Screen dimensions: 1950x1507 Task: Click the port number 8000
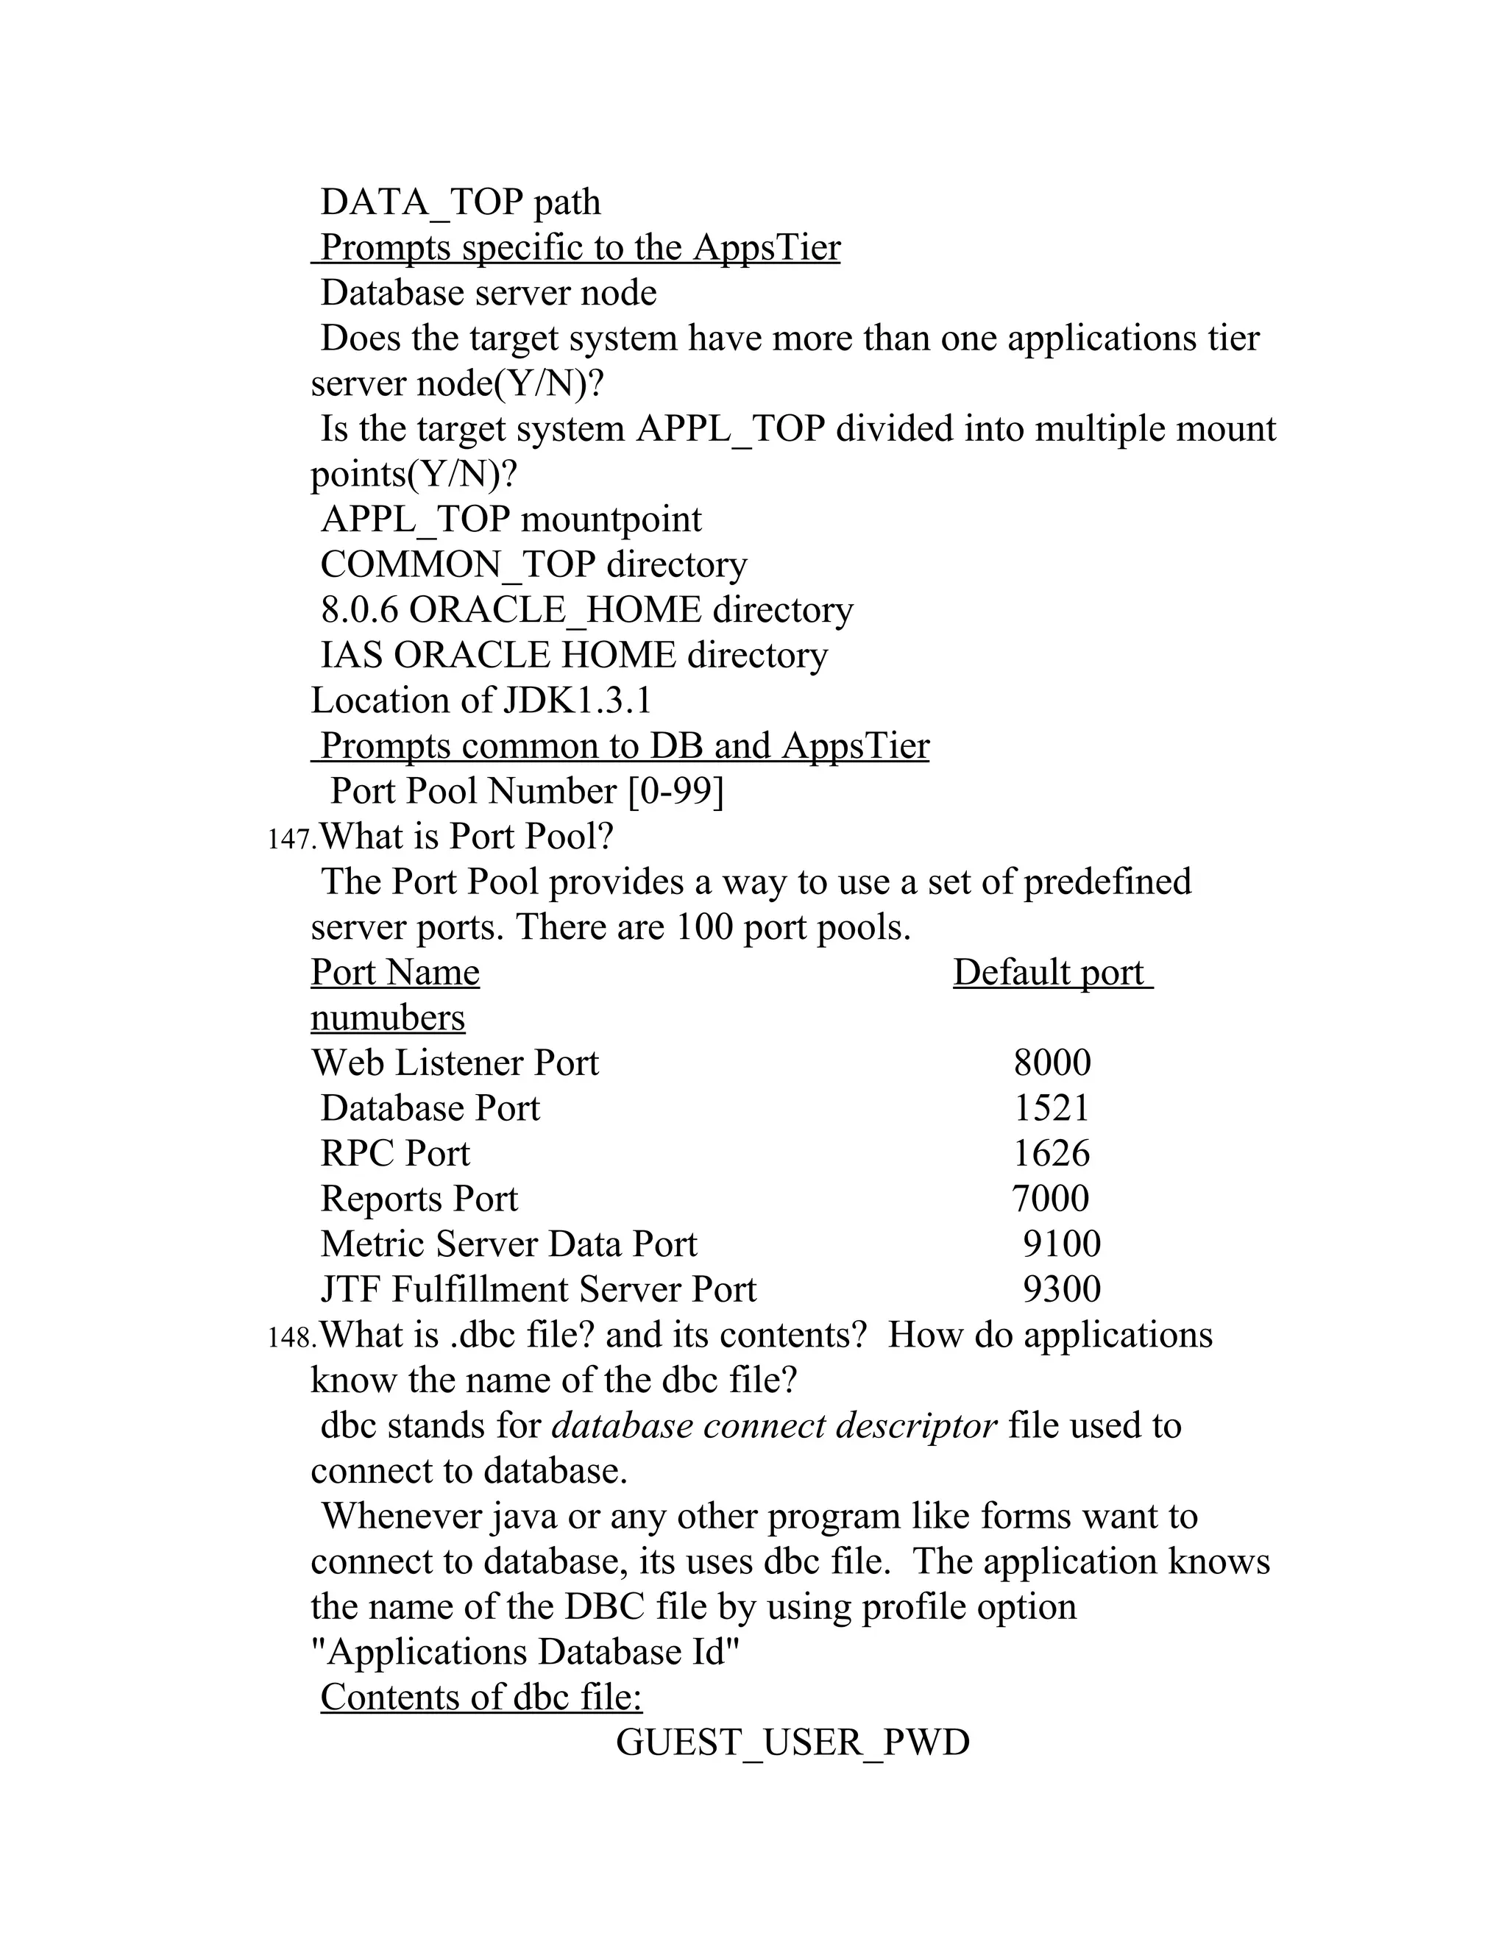tap(1052, 1063)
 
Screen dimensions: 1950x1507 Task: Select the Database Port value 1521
tap(1052, 1109)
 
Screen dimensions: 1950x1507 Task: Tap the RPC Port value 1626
tap(1051, 1155)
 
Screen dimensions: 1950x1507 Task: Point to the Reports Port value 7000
tap(1050, 1199)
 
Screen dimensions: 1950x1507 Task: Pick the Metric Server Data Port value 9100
tap(1062, 1244)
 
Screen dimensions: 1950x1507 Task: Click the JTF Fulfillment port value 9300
tap(1062, 1290)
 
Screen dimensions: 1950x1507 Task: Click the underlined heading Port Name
tap(394, 972)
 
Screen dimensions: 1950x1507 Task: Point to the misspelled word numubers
tap(388, 1018)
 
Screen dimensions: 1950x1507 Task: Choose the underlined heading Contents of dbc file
tap(481, 1698)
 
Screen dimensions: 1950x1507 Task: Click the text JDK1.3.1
tap(577, 701)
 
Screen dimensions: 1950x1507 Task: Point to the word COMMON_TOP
tap(457, 565)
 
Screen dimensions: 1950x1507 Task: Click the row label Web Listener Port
tap(455, 1063)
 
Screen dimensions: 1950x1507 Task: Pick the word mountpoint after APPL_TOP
tap(611, 520)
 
